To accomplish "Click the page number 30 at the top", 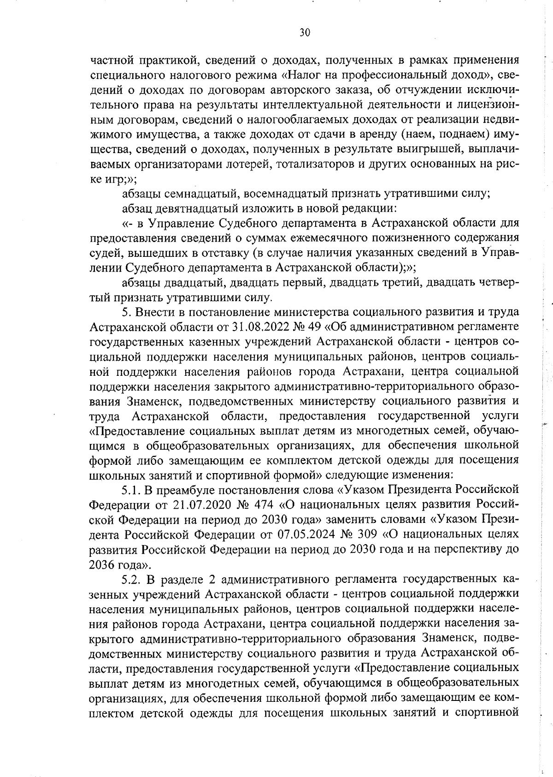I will coord(305,32).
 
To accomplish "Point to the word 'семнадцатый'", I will coord(201,194).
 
